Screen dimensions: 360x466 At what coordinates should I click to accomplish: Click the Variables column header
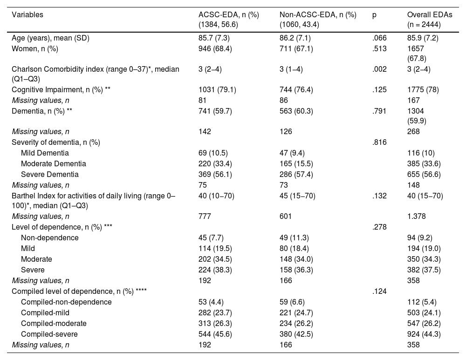(27, 14)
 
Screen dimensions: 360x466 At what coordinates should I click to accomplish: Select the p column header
(374, 14)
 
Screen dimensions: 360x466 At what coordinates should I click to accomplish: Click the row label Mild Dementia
(45, 153)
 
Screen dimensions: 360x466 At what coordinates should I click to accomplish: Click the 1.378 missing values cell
(417, 216)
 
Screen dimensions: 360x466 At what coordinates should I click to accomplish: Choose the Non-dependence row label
(49, 238)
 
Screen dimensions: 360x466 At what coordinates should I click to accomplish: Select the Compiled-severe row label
(49, 334)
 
